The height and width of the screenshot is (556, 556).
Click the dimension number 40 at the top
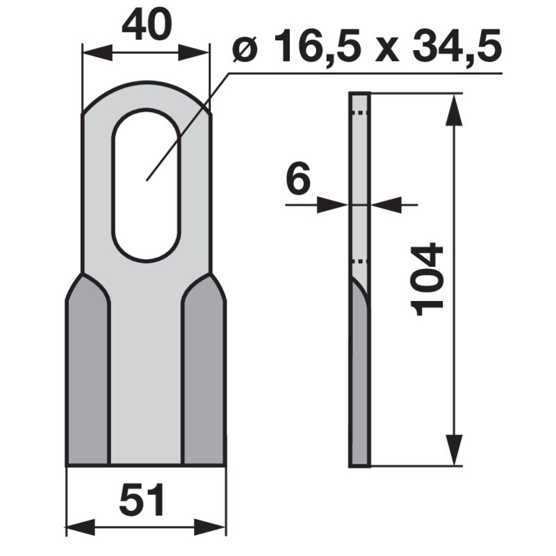pyautogui.click(x=146, y=27)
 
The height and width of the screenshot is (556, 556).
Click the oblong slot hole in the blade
pyautogui.click(x=146, y=188)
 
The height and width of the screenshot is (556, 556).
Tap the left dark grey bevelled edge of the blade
pyautogui.click(x=88, y=375)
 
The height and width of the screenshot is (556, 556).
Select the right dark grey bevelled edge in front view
pyautogui.click(x=204, y=375)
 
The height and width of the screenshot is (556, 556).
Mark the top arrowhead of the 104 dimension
pyautogui.click(x=453, y=104)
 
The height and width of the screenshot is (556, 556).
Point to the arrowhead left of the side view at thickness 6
pyautogui.click(x=338, y=204)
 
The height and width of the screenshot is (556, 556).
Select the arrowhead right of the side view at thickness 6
pyautogui.click(x=382, y=204)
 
